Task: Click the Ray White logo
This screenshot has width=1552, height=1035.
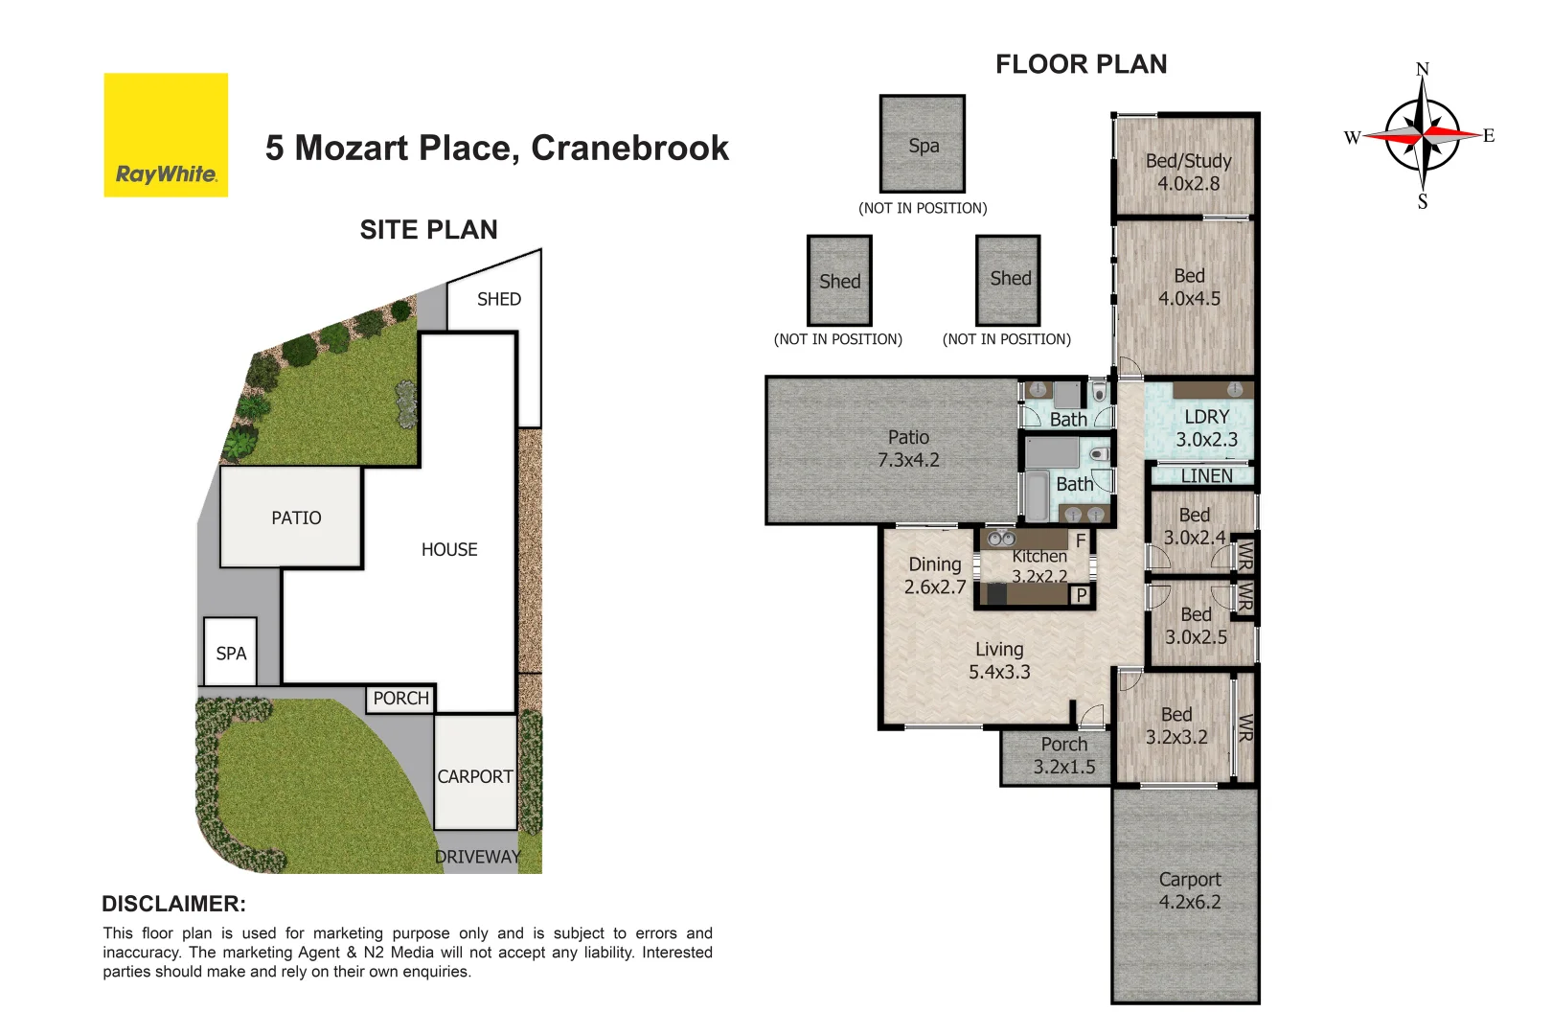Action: [x=166, y=135]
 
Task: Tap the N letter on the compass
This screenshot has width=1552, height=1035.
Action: [x=1422, y=69]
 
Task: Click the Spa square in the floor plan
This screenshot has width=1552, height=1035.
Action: [x=923, y=145]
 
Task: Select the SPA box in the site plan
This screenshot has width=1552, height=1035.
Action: [x=231, y=653]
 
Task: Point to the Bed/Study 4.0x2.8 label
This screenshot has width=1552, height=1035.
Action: [x=1188, y=172]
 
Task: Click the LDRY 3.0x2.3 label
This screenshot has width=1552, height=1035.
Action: [x=1206, y=428]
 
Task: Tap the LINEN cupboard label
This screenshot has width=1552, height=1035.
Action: [x=1206, y=475]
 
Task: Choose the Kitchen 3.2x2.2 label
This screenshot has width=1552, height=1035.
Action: [x=1039, y=565]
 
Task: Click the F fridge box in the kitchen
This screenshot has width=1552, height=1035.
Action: [x=1081, y=540]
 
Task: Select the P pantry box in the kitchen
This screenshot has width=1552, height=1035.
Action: [x=1081, y=595]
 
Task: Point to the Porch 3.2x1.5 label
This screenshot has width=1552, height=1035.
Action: [x=1063, y=755]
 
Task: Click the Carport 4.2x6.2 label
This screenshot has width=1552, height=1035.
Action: [x=1189, y=890]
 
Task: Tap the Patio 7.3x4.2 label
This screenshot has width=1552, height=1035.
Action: [x=908, y=448]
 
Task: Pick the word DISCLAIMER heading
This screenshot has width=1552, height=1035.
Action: [x=173, y=904]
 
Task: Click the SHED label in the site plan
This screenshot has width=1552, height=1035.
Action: [x=498, y=299]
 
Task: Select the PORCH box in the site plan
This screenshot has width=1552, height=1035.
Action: [x=400, y=699]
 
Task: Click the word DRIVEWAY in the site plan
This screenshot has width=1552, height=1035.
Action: [x=477, y=857]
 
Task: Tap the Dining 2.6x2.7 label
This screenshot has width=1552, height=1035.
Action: [x=934, y=575]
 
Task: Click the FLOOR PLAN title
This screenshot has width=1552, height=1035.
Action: [x=1081, y=64]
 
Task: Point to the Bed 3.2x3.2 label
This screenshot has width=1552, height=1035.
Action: [x=1175, y=725]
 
